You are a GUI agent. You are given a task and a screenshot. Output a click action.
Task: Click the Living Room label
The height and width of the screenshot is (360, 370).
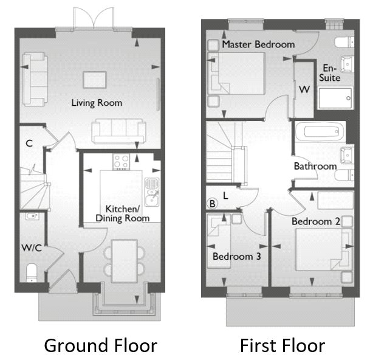point(96,103)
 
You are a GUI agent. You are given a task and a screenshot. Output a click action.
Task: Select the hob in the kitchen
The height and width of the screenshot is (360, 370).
point(120,162)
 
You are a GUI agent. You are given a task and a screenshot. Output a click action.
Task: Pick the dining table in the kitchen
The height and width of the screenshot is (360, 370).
point(123,255)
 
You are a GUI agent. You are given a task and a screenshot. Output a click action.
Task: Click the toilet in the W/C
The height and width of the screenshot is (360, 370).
point(33,270)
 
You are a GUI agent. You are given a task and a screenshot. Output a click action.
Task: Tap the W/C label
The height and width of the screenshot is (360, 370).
point(31,247)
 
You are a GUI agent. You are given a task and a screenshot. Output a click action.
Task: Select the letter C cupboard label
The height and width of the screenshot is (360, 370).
point(29,144)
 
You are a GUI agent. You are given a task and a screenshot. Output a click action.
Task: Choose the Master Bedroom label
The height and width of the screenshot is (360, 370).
point(258,44)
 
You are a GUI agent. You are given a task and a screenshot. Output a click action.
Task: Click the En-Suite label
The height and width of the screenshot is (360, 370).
point(331,73)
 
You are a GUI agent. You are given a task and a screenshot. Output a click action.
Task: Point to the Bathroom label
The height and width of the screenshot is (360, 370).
point(315,166)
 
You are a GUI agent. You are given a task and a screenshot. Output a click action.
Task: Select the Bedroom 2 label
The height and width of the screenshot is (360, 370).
point(315,221)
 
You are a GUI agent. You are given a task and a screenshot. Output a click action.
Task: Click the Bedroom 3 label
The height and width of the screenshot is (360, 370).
point(236,257)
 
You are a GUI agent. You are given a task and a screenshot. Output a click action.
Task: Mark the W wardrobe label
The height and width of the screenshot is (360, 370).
point(304,90)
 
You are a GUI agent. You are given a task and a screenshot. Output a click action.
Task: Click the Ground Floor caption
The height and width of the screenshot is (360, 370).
point(100,346)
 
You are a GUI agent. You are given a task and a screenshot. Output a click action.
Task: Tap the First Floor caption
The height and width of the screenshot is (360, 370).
point(282,346)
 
